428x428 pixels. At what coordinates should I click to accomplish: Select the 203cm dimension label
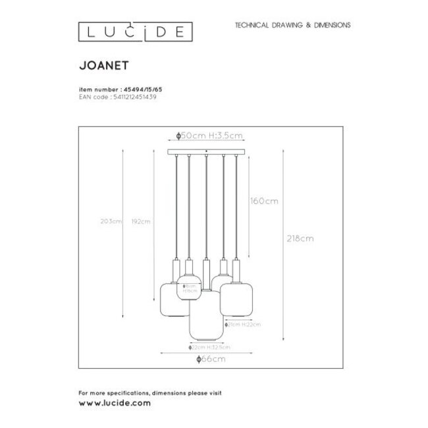[x=114, y=221]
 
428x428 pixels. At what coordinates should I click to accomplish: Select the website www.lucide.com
[x=114, y=401]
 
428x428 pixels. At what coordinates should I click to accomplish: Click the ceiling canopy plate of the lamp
[x=207, y=152]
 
